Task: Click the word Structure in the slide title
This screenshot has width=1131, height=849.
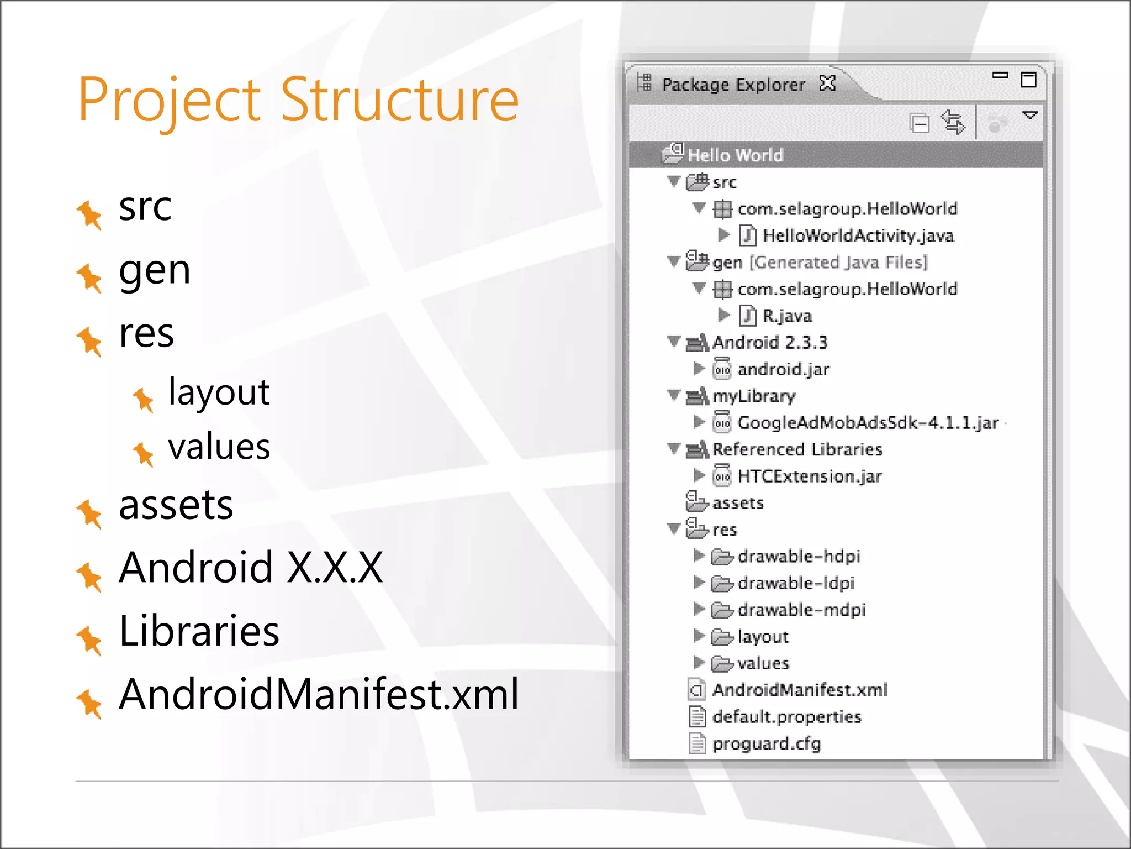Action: coord(400,100)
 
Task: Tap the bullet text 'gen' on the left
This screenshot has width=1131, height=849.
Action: coord(155,270)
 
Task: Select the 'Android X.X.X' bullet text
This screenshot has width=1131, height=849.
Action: coord(251,568)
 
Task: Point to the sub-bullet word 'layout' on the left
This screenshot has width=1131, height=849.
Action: coord(219,392)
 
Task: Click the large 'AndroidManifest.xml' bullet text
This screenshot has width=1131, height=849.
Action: coord(319,694)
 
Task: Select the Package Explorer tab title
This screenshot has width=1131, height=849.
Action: coord(733,85)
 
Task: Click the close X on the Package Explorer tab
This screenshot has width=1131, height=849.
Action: coord(827,83)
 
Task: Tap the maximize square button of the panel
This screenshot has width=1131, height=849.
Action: coord(1028,80)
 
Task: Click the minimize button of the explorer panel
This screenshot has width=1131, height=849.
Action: coord(1000,75)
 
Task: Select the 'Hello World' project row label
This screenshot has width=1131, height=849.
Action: coord(735,155)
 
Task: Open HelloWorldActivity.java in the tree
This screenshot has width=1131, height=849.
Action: coord(858,236)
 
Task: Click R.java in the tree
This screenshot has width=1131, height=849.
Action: coord(787,316)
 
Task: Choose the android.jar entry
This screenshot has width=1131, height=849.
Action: coord(783,369)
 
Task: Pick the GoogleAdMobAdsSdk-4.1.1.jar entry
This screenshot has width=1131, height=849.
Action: coord(868,423)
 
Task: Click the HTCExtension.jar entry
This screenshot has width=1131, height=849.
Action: coord(810,476)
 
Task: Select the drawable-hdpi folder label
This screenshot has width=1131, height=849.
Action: coord(799,557)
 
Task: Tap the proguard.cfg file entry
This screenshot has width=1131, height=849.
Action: coord(766,744)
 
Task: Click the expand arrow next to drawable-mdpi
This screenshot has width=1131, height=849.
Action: coord(699,609)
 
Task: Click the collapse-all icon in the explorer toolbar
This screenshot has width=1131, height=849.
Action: coord(919,123)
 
